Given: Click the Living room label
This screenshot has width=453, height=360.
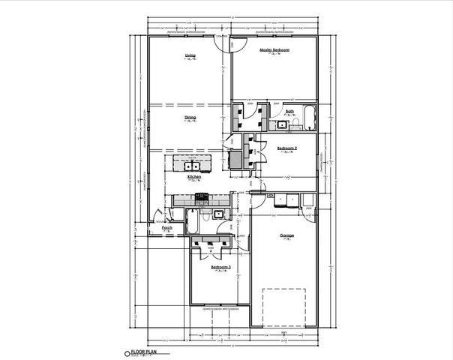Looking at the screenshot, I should tap(190, 56).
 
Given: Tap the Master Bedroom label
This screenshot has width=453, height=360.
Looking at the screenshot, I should tap(274, 50).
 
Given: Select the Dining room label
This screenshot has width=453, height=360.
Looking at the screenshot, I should tap(190, 118).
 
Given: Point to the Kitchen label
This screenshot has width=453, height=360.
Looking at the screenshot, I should tap(193, 177).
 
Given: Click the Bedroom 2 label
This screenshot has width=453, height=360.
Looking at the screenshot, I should tap(287, 148).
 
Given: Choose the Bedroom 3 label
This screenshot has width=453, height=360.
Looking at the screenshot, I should tap(220, 267).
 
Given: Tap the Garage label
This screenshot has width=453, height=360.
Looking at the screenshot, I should tap(286, 235).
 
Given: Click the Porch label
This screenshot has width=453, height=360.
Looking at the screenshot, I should tap(167, 227).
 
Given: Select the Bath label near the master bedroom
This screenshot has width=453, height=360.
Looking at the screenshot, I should tap(289, 111).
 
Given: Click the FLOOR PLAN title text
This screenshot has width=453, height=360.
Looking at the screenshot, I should tap(144, 351).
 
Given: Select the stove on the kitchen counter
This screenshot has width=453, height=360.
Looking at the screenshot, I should tap(201, 198).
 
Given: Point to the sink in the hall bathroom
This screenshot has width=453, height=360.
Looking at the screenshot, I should tap(217, 214).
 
